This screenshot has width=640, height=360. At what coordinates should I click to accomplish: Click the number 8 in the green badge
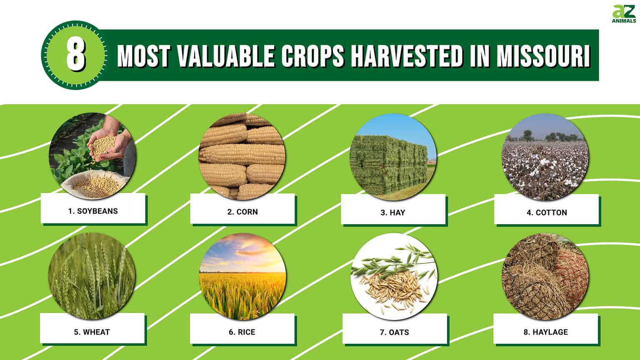(75, 55)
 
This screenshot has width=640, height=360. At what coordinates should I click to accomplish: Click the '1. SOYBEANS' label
(93, 211)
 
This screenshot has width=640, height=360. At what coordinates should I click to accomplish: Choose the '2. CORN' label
(242, 212)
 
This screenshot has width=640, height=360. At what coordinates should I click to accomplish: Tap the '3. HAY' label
(392, 213)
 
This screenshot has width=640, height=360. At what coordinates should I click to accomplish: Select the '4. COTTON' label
(547, 213)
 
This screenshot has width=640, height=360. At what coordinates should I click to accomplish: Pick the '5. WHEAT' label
(92, 332)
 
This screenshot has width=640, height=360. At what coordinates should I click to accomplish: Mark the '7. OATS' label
(394, 332)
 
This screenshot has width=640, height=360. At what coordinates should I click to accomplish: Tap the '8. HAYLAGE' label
(546, 332)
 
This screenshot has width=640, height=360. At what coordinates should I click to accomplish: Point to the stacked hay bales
(387, 162)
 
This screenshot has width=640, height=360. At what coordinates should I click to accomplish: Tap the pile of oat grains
(392, 287)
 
